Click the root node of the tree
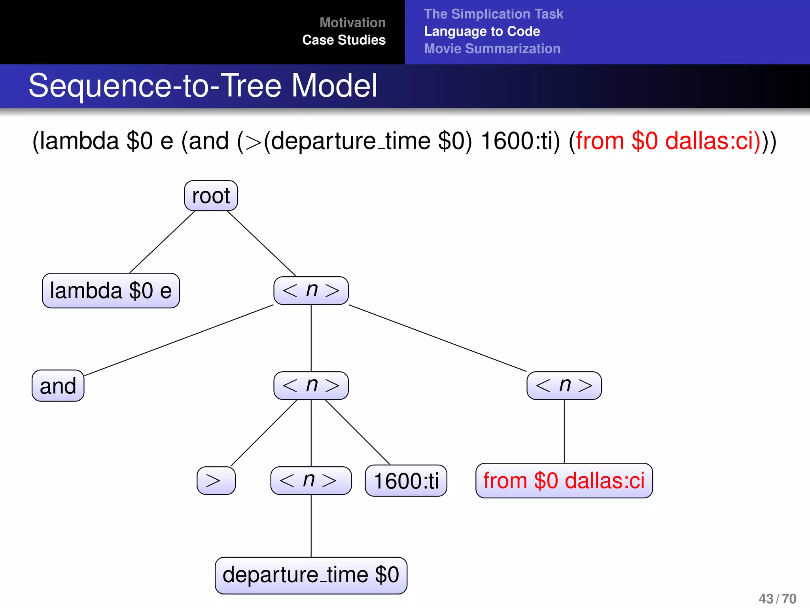(211, 196)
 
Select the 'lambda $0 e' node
(111, 291)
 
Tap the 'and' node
(58, 386)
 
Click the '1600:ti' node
(406, 481)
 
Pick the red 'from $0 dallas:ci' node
(564, 481)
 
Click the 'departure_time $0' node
(311, 575)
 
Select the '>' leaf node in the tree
(216, 481)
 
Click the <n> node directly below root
(311, 291)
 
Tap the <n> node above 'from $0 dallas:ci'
(564, 386)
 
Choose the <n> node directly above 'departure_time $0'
(311, 481)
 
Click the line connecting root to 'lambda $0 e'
(162, 242)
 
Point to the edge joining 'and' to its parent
(179, 340)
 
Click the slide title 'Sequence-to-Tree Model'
(203, 85)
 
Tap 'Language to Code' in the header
(482, 31)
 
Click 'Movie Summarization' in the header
(492, 49)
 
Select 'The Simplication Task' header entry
(493, 14)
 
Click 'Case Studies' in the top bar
(344, 40)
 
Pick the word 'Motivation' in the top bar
(352, 23)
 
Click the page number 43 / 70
(777, 598)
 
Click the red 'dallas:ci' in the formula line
(712, 141)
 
